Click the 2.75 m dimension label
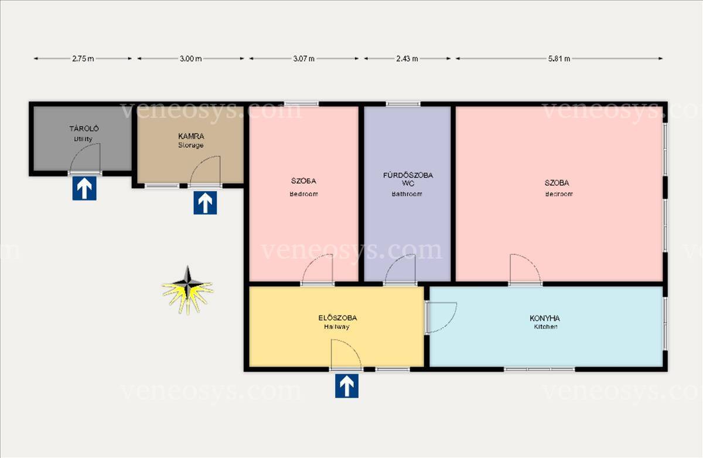coord(83,59)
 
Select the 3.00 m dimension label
coord(191,59)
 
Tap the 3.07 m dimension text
coord(304,59)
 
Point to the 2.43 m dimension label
coord(407,59)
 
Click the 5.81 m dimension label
coord(559,59)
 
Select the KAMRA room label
coord(191,136)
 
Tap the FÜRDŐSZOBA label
coord(408,175)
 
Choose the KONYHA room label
coord(545,318)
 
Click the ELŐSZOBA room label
coord(337,318)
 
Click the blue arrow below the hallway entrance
coord(347,386)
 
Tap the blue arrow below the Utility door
coord(84,188)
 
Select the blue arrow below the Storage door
coord(205,203)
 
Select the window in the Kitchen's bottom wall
coord(540,369)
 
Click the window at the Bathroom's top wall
coord(403,104)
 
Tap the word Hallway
coord(337,327)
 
